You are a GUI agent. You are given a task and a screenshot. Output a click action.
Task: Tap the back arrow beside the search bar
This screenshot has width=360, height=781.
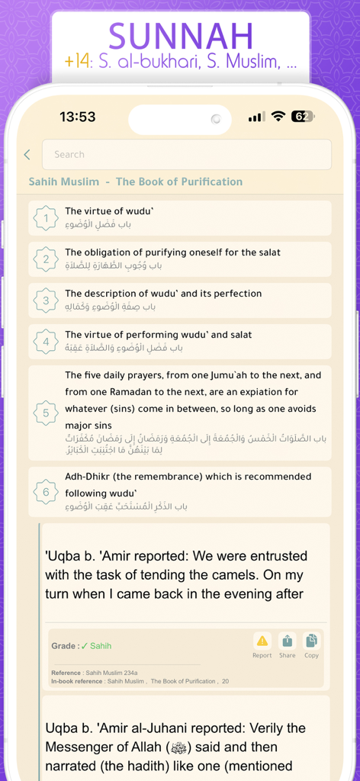(x=27, y=155)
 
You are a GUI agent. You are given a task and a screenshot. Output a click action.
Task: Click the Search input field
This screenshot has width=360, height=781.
(x=187, y=154)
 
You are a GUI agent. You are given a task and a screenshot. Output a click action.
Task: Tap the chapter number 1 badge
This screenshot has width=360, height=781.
(x=46, y=218)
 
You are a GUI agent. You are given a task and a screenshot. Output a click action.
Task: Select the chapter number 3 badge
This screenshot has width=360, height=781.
(x=46, y=301)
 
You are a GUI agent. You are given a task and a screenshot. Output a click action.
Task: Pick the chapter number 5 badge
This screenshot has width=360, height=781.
(x=46, y=413)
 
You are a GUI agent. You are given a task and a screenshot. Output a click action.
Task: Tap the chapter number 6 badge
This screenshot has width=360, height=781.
(x=46, y=492)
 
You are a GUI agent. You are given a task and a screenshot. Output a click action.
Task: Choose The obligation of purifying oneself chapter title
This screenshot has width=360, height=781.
(x=172, y=252)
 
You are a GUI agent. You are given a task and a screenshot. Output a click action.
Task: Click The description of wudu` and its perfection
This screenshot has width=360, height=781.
(x=163, y=294)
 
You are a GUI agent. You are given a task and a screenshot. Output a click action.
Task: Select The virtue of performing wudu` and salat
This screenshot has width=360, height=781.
(x=158, y=335)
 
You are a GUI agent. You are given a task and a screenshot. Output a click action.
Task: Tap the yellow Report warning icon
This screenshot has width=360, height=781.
(x=262, y=641)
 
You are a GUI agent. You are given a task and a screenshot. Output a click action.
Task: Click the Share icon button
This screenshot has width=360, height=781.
(x=287, y=641)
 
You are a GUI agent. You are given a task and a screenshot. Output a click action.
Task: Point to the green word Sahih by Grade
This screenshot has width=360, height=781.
(x=100, y=646)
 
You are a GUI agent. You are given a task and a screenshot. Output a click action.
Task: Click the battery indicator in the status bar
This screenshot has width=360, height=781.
(x=303, y=117)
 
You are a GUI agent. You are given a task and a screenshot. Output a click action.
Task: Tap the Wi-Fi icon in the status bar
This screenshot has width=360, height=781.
(x=278, y=117)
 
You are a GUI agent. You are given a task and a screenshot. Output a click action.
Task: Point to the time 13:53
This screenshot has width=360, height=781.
(x=78, y=117)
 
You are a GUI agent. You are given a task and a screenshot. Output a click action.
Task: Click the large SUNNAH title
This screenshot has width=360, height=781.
(x=181, y=36)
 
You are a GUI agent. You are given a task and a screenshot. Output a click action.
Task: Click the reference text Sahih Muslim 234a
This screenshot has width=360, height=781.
(x=111, y=673)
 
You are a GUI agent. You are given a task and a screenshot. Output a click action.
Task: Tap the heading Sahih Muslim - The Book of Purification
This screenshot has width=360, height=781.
(x=136, y=182)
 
